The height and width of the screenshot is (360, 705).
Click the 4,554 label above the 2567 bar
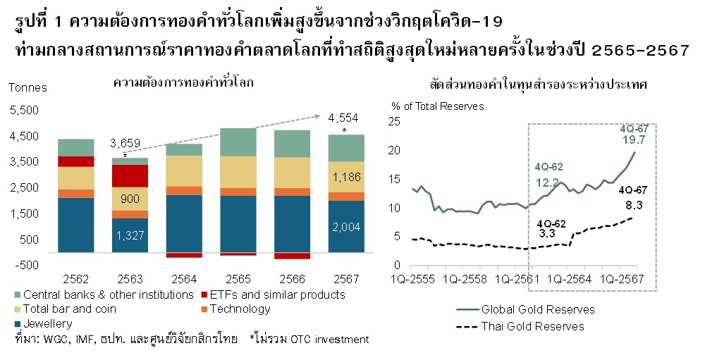(343, 118)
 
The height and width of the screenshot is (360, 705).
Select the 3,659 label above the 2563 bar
(125, 144)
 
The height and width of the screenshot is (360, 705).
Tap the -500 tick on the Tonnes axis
(27, 265)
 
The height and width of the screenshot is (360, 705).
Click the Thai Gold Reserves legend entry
(533, 326)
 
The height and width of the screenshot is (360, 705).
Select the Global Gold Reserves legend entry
(538, 309)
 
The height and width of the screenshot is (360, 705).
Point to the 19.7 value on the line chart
(633, 141)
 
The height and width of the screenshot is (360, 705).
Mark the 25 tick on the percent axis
(395, 121)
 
